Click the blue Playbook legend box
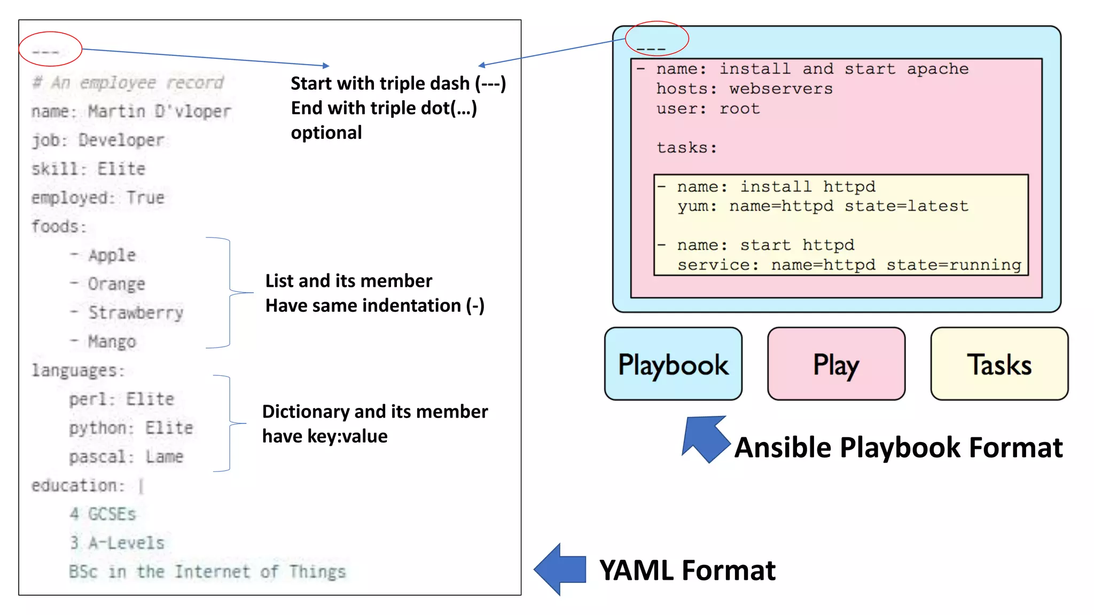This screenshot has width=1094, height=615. click(673, 364)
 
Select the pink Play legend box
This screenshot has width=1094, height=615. click(836, 364)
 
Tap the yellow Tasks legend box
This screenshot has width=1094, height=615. click(999, 364)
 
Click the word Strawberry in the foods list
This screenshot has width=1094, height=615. click(136, 313)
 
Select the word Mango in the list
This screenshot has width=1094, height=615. click(112, 342)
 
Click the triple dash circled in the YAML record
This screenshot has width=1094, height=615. click(45, 52)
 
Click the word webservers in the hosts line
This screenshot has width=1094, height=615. click(781, 89)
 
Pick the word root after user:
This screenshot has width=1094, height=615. click(739, 109)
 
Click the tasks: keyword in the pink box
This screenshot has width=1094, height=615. click(686, 148)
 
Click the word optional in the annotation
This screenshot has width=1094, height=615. click(326, 132)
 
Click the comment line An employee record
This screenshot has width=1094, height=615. click(128, 83)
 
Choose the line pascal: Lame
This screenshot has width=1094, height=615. click(126, 457)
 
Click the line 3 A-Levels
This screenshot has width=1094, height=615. click(117, 543)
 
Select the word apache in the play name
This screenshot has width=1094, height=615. click(937, 69)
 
